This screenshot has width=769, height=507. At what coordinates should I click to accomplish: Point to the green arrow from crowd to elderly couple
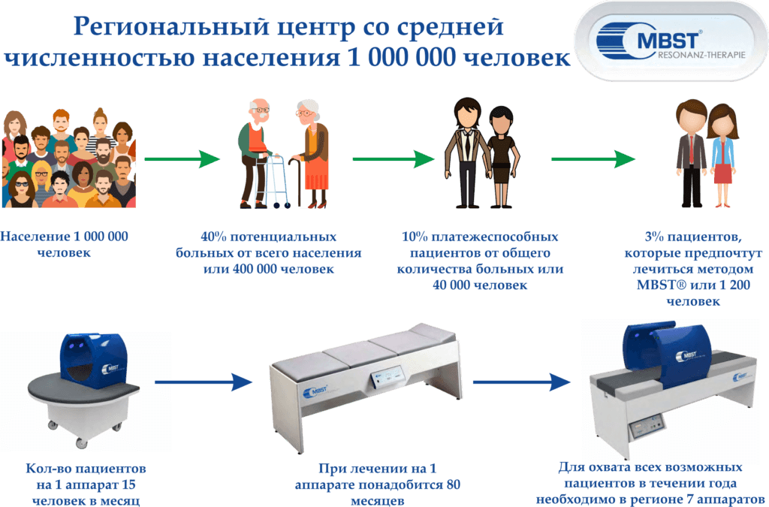click(182, 159)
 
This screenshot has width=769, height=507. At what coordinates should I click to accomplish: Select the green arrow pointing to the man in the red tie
click(593, 159)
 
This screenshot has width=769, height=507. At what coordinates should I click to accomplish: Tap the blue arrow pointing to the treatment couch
click(203, 382)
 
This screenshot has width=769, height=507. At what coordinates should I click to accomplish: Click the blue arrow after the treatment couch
click(521, 382)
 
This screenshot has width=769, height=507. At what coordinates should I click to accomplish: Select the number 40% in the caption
click(213, 237)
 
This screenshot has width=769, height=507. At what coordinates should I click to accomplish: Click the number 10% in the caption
click(415, 237)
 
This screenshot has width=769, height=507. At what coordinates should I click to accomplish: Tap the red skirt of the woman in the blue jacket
click(722, 174)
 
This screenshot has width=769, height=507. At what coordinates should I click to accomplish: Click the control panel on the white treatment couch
click(387, 377)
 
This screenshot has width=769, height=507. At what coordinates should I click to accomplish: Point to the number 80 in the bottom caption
click(453, 485)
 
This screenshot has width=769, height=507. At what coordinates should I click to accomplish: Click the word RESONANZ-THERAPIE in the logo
click(701, 55)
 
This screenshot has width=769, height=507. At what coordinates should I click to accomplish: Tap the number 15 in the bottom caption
click(128, 485)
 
